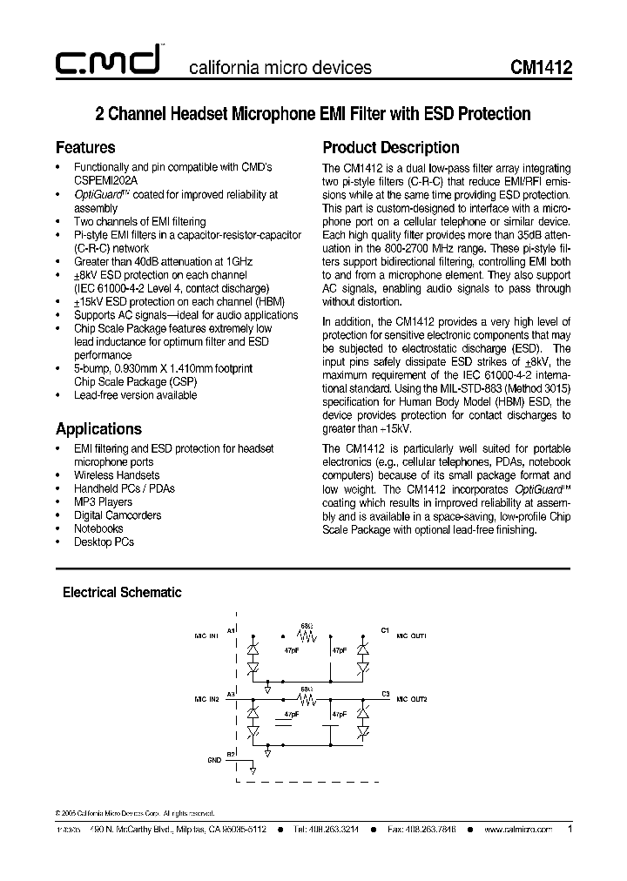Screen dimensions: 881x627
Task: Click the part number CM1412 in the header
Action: [542, 67]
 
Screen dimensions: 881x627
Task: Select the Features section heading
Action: [85, 147]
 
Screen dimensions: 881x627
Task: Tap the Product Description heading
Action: [390, 147]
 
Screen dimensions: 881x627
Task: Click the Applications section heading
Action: [98, 428]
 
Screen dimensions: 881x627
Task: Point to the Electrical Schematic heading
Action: [122, 592]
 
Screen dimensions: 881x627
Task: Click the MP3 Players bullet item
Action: [103, 501]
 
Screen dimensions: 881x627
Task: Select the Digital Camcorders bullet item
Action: [118, 514]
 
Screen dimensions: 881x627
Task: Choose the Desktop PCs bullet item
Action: [104, 541]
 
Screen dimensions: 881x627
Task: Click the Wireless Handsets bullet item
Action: [117, 474]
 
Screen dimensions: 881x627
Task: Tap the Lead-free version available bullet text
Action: [135, 394]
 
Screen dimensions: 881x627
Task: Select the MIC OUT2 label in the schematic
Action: [412, 699]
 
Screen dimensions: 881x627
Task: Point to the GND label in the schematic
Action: [213, 759]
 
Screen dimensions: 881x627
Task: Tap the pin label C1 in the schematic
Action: [385, 629]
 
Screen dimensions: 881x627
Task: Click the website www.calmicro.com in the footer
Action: [517, 830]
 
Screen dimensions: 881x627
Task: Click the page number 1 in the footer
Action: [570, 829]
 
